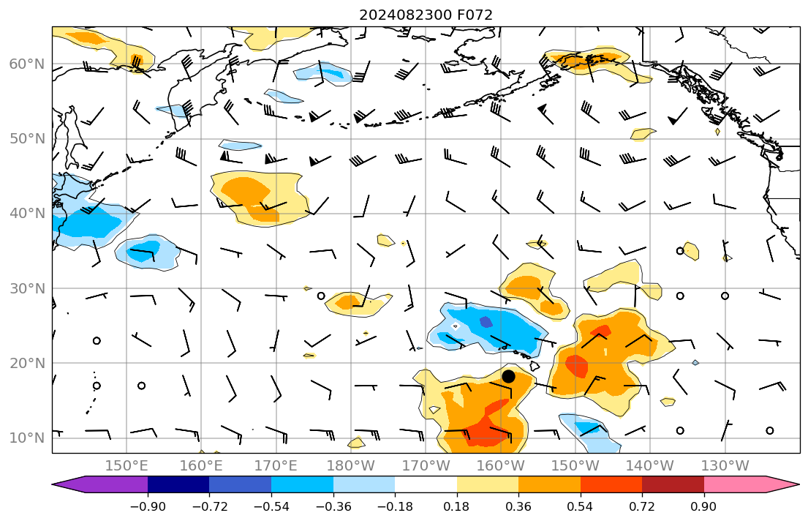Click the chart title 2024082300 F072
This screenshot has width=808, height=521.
426,15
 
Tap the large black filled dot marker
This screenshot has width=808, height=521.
509,376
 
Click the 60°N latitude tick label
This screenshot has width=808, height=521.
27,64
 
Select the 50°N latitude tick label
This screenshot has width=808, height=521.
27,139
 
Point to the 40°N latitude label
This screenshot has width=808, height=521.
27,214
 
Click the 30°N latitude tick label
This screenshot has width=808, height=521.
27,288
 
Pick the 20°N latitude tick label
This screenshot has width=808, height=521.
27,364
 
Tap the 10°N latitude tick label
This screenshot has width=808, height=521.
27,438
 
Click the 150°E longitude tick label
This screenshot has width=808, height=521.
127,466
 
